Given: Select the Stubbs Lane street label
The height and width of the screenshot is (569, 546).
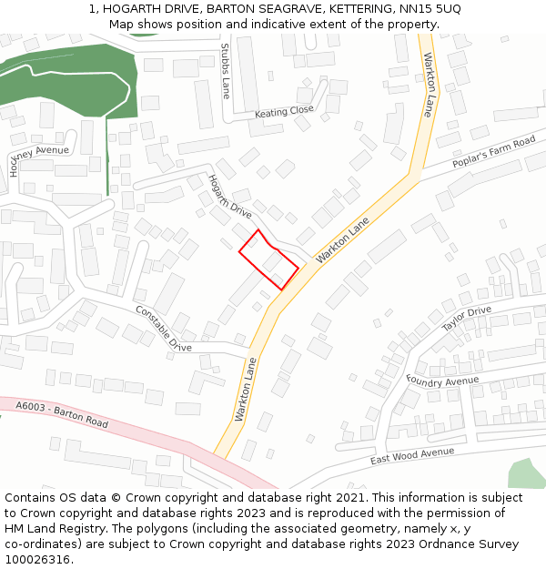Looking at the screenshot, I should tap(226, 70).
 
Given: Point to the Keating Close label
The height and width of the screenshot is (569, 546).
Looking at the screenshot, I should tap(284, 112).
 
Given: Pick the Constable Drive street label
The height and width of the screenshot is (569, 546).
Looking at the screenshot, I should tap(164, 329).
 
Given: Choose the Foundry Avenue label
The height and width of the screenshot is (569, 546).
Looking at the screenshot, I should tap(442, 381).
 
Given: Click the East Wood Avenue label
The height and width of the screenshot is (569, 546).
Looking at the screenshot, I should tap(411, 456).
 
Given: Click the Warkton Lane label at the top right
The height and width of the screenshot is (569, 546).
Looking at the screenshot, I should tap(429, 85).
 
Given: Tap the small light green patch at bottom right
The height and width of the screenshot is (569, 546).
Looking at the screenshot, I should tap(526, 473).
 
